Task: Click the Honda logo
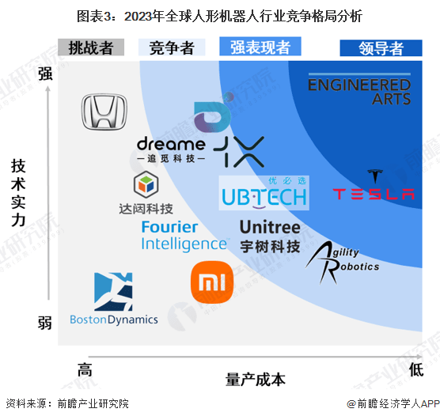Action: (104, 112)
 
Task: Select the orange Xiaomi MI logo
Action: (212, 282)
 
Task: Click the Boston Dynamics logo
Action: (114, 299)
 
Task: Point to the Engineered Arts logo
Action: (359, 89)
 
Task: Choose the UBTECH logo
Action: (264, 193)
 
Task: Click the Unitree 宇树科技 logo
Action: (270, 236)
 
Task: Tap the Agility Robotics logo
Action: (342, 263)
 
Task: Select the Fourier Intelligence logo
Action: (185, 236)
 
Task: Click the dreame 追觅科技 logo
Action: (171, 149)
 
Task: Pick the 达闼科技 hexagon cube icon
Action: (146, 184)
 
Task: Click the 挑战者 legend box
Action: (91, 47)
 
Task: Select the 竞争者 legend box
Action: (172, 47)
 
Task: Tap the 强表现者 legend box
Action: (260, 47)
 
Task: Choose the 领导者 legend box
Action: (381, 48)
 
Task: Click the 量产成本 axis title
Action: (256, 380)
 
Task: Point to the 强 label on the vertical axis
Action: (45, 74)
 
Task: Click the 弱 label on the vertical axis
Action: (45, 323)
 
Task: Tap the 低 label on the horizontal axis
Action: (416, 370)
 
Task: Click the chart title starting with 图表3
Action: (219, 16)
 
